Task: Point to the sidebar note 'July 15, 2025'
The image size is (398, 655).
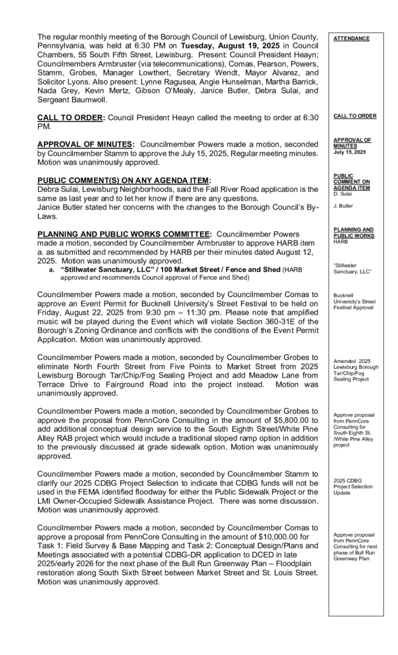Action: coord(350,153)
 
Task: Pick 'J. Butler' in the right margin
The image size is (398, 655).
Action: coord(345,206)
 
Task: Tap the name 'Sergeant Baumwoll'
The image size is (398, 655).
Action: coord(73,100)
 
